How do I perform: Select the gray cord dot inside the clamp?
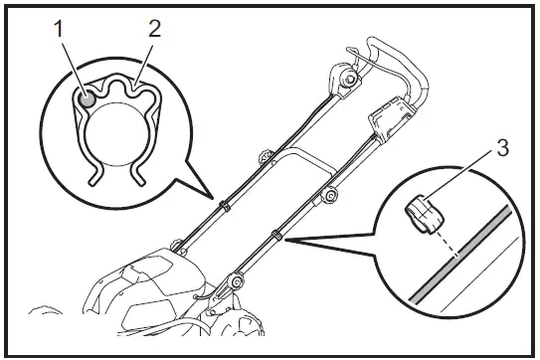point(89,97)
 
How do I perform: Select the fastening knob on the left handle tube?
point(265,156)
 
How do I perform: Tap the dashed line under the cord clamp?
point(442,245)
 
